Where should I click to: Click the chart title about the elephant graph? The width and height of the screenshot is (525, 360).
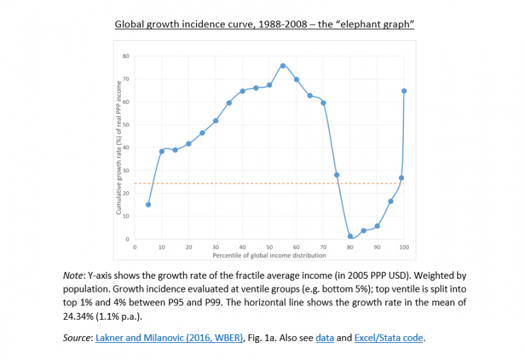(265, 24)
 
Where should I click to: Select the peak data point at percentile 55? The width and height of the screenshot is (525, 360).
(283, 66)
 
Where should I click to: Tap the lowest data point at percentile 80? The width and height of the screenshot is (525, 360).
(350, 236)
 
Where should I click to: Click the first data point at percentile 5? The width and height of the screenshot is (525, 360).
(148, 204)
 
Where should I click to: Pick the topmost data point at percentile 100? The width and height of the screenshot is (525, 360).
(404, 91)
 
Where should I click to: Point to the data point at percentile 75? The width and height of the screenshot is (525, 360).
(336, 175)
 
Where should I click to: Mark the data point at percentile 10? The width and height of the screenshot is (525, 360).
(162, 151)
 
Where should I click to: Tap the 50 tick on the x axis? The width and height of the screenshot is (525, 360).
(269, 247)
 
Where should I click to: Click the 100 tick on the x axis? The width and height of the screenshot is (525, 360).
(404, 247)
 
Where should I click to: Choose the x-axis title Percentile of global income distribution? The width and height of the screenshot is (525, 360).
(270, 255)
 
